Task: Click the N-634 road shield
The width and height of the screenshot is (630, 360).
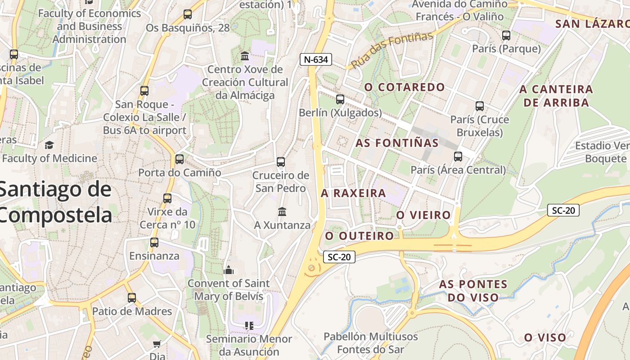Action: [316, 59]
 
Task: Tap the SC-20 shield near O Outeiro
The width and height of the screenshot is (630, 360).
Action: [339, 257]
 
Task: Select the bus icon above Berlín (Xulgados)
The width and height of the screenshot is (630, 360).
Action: [340, 99]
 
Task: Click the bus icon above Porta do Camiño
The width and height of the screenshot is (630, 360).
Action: [180, 159]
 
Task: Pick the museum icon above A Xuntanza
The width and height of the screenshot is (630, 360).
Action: [282, 211]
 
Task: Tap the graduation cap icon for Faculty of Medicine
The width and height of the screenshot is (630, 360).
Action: [49, 145]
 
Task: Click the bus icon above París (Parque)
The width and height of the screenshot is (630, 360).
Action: [506, 36]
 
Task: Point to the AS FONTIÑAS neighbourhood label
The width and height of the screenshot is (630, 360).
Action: [397, 143]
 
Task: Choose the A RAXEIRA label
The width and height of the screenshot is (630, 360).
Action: [353, 193]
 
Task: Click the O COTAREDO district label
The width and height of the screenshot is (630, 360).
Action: [405, 87]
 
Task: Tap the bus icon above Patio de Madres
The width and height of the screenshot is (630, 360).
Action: [132, 298]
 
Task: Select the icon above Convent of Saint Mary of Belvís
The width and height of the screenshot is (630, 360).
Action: [229, 270]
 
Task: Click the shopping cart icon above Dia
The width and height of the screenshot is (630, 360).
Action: [157, 344]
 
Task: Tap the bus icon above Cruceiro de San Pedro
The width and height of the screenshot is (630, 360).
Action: [281, 162]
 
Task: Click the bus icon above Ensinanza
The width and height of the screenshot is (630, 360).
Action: [154, 243]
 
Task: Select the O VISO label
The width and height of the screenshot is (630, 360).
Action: [545, 337]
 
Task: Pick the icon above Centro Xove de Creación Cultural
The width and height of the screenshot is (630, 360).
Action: [245, 56]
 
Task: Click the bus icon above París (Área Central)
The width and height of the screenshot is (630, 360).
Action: [458, 157]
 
